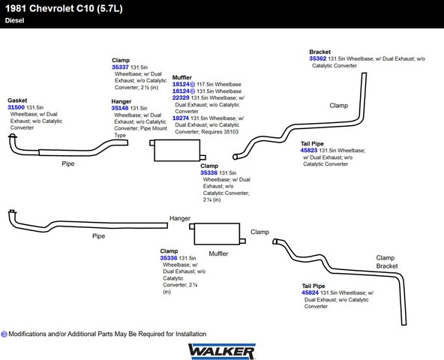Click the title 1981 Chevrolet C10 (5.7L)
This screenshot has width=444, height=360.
click(64, 8)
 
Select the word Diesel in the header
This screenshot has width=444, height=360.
click(14, 20)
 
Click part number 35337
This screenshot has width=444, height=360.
click(120, 67)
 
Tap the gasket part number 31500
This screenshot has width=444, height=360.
click(16, 107)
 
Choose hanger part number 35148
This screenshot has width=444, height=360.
click(120, 108)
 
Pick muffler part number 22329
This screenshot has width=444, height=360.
click(181, 97)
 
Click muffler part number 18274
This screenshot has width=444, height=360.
click(181, 118)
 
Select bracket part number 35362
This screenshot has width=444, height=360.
click(318, 58)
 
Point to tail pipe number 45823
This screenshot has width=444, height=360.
click(309, 151)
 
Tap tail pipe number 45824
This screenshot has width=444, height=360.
click(310, 292)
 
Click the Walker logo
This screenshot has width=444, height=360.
click(222, 352)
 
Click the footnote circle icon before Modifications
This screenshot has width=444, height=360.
click(4, 334)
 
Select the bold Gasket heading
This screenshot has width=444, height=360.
click(17, 100)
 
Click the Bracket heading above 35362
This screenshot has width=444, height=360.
click(320, 52)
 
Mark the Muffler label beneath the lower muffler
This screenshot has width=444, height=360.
click(218, 253)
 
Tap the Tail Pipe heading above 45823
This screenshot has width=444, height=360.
click(312, 143)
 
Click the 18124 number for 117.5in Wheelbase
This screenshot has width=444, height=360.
click(181, 84)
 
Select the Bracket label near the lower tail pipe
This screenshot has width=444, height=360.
click(387, 266)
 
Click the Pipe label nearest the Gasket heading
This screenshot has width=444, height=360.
click(68, 163)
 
